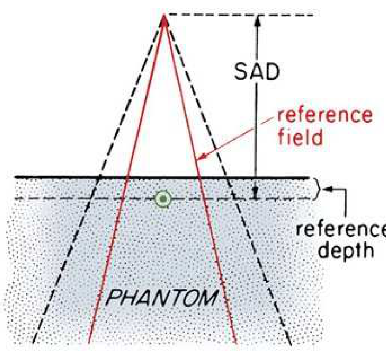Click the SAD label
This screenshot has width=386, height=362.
pyautogui.click(x=257, y=72)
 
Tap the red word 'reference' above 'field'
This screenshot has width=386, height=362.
pyautogui.click(x=325, y=115)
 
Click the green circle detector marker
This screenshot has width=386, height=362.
pyautogui.click(x=163, y=198)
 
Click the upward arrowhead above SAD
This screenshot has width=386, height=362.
pyautogui.click(x=257, y=20)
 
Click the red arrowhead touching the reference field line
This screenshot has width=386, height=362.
pyautogui.click(x=202, y=157)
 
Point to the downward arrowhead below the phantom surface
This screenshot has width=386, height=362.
pyautogui.click(x=256, y=194)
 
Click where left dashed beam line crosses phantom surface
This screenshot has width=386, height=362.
pyautogui.click(x=99, y=177)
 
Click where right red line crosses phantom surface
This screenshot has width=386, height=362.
pyautogui.click(x=200, y=177)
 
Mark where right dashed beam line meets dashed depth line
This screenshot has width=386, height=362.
pyautogui.click(x=234, y=198)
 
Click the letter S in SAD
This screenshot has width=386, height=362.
pyautogui.click(x=240, y=72)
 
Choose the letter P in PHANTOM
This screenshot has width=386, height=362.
pyautogui.click(x=114, y=298)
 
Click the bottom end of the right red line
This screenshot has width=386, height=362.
pyautogui.click(x=236, y=344)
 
